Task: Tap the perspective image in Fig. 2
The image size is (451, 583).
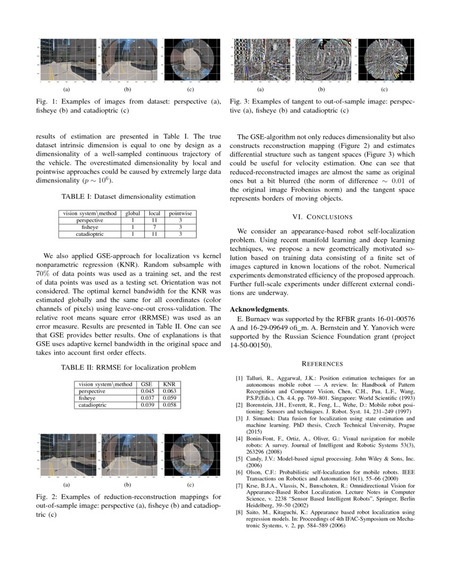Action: click(x=66, y=455)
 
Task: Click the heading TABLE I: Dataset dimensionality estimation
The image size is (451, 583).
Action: click(x=128, y=197)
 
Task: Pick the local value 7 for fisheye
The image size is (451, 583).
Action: click(x=154, y=226)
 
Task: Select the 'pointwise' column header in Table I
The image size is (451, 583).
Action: click(x=180, y=214)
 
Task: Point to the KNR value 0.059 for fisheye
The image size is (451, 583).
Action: click(x=169, y=398)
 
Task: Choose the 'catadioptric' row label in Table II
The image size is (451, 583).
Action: click(x=93, y=405)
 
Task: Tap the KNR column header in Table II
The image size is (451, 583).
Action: click(x=169, y=384)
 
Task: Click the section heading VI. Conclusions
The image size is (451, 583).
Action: click(x=322, y=217)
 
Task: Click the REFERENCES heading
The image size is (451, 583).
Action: click(x=322, y=364)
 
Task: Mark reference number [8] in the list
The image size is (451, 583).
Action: click(x=239, y=513)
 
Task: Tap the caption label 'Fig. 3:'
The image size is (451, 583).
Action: click(x=240, y=101)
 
